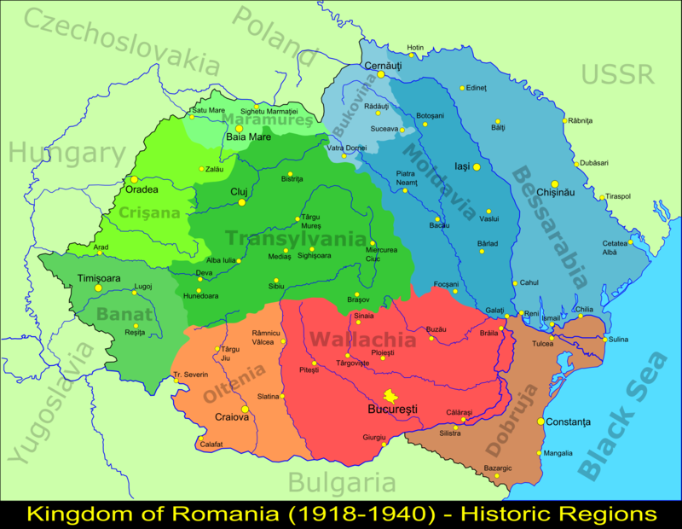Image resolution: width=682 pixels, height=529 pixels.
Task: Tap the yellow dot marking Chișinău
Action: click(x=554, y=183)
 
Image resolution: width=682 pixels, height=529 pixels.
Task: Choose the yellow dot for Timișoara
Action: click(x=98, y=288)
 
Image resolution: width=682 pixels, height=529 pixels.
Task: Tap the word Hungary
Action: click(x=67, y=154)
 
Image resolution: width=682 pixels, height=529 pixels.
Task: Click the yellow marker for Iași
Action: click(x=477, y=167)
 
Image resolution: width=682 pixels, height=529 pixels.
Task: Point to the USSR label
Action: click(x=617, y=74)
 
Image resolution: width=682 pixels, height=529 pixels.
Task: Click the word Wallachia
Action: click(x=362, y=340)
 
